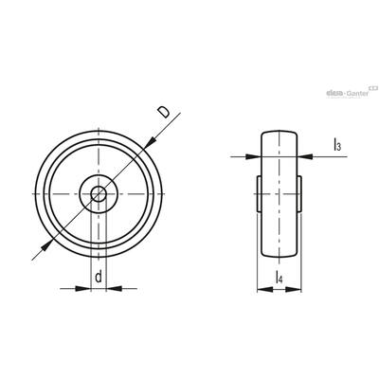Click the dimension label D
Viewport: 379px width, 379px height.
pyautogui.click(x=164, y=113)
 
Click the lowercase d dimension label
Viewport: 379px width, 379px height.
pyautogui.click(x=99, y=277)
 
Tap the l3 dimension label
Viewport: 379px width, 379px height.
pyautogui.click(x=336, y=146)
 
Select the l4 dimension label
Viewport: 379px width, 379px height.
pyautogui.click(x=279, y=277)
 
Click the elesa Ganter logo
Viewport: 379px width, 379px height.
pyautogui.click(x=348, y=93)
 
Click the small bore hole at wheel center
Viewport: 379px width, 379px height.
pyautogui.click(x=99, y=193)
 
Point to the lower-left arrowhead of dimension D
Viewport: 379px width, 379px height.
pyautogui.click(x=46, y=245)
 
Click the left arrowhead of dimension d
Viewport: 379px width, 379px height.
pyautogui.click(x=83, y=288)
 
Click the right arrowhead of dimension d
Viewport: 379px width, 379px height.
pyautogui.click(x=114, y=288)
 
